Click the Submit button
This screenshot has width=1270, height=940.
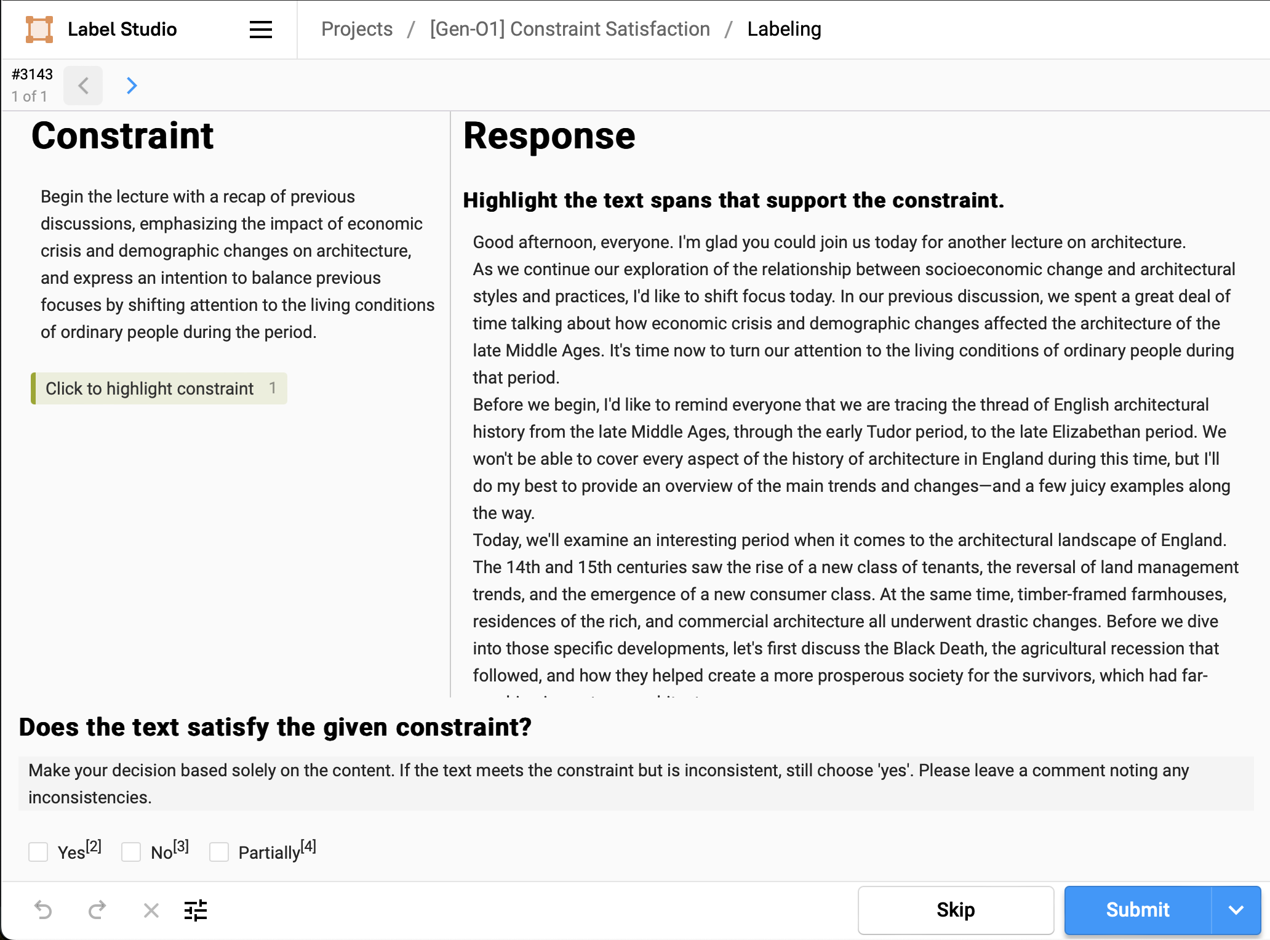click(1137, 910)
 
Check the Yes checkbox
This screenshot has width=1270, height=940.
click(38, 852)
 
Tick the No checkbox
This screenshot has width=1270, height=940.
click(131, 852)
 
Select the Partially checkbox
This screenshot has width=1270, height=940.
click(219, 852)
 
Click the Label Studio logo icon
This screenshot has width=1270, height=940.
click(39, 30)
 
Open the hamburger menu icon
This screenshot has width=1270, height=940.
click(261, 30)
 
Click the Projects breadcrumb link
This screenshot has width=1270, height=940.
click(357, 29)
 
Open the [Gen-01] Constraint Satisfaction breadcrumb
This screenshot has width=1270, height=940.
click(570, 29)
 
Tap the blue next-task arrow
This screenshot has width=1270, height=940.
click(132, 86)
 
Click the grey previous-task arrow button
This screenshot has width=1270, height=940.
click(84, 86)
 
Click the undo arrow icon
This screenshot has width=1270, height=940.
click(43, 910)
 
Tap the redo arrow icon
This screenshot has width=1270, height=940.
click(97, 910)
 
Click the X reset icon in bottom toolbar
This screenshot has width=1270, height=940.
click(151, 910)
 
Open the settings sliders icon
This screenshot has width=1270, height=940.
click(196, 910)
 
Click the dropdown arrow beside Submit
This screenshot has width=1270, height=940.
click(1236, 910)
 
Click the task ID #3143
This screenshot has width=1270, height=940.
click(33, 74)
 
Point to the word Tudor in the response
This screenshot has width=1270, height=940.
click(888, 432)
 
